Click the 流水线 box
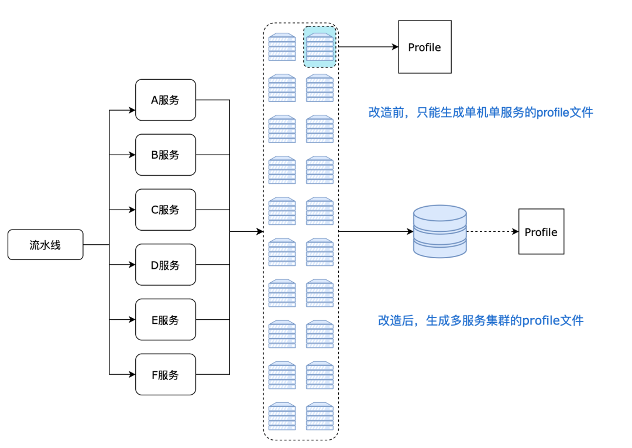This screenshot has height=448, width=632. pos(45,245)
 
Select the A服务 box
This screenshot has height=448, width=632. pos(166,100)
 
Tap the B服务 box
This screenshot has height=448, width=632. pos(166,155)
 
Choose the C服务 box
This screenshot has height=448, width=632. pos(166,210)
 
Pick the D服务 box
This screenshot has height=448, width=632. pos(166,265)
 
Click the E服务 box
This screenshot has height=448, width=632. pos(166,320)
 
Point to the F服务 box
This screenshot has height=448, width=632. pos(166,375)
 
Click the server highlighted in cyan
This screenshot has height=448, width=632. pos(320,47)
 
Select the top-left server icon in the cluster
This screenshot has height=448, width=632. pos(282,47)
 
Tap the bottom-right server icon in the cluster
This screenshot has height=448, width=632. pos(320,416)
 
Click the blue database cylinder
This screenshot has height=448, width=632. pos(439,231)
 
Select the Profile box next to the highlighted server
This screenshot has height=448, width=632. pos(424,47)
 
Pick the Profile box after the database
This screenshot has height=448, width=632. pos(541,232)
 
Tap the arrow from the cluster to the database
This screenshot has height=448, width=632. pos(375,232)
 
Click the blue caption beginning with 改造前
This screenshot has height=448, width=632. pos(480,112)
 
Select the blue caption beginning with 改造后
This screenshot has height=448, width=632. pos(480,320)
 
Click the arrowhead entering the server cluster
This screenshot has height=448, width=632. pos(260,232)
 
